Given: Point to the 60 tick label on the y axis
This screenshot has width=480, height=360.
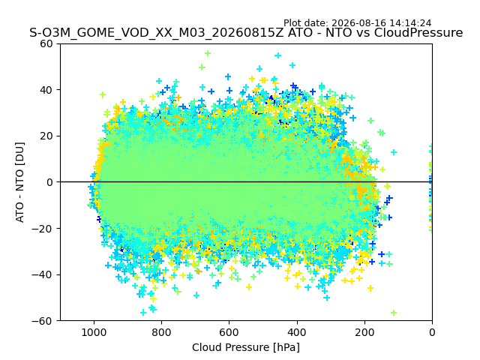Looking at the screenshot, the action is coord(46,43).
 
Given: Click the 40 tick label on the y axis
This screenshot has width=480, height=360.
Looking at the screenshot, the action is coord(46,90).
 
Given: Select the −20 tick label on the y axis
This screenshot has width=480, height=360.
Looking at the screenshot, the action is coord(42,228).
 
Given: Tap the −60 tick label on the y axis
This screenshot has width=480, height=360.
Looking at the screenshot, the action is coord(42,321).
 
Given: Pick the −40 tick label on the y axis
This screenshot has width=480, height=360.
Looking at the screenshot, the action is coord(42,274).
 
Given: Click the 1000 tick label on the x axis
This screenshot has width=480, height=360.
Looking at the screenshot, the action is coord(94,332).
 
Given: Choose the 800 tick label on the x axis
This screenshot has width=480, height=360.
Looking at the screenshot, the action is coord(162,332).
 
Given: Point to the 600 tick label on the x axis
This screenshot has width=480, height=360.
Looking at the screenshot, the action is coord(229,332).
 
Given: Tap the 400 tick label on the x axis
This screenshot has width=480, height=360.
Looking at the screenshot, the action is coord(297,332).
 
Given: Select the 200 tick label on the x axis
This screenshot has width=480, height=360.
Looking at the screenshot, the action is coord(364,332).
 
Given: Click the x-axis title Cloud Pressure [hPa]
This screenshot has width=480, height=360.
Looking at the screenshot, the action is coord(246,347).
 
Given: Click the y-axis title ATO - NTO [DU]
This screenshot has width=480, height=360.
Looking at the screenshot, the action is coord(19,182).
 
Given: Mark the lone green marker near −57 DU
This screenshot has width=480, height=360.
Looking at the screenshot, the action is coord(394,313).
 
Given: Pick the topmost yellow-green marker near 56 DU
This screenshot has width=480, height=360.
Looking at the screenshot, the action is coord(208,53).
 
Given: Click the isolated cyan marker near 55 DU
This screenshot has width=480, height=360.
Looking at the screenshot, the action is coord(278,55).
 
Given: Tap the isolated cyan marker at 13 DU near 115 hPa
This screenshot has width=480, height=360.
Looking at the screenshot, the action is coord(394,152).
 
